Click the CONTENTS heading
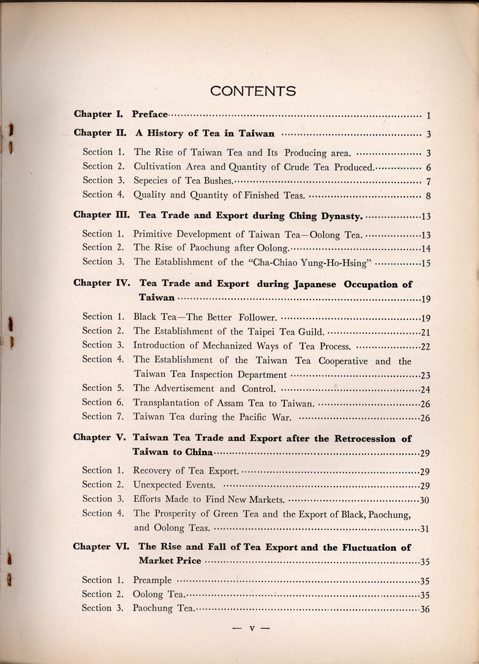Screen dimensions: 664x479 click(253, 91)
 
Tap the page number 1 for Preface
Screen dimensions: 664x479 click(429, 115)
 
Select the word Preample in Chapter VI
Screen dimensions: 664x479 click(153, 581)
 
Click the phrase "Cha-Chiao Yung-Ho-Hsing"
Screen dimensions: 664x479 click(319, 262)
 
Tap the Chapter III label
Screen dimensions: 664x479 click(101, 215)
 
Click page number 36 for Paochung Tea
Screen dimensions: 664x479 click(425, 609)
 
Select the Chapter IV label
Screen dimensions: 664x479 click(101, 284)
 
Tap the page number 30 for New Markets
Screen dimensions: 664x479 click(424, 500)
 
